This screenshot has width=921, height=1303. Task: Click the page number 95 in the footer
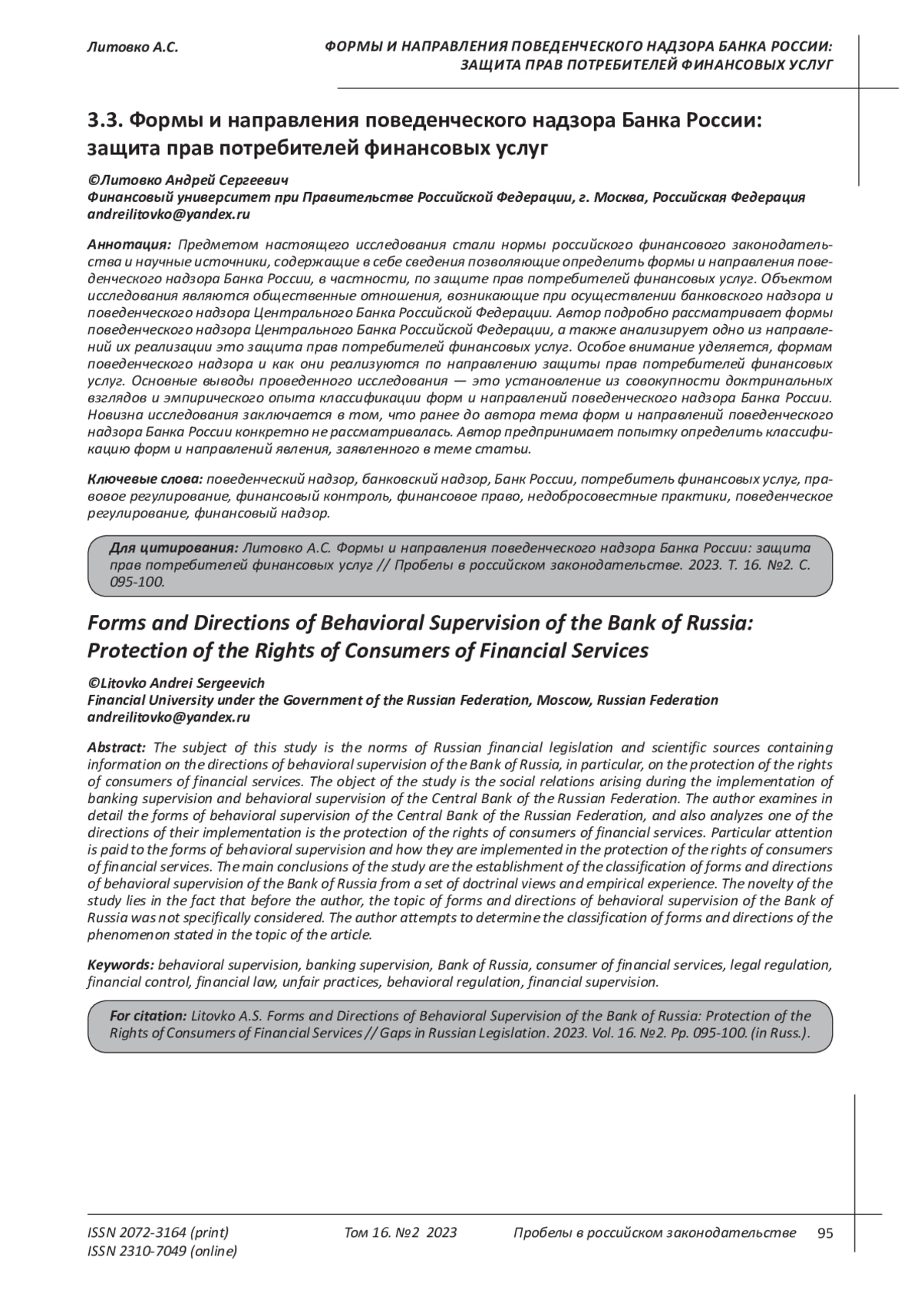(825, 1233)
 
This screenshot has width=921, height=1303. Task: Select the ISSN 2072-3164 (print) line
(158, 1233)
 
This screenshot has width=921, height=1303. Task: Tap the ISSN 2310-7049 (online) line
(163, 1252)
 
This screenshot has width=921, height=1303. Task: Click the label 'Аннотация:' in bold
(130, 245)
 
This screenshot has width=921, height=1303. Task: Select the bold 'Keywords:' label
(121, 964)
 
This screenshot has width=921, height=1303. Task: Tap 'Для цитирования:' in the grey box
(173, 548)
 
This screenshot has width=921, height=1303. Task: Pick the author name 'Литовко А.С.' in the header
(133, 48)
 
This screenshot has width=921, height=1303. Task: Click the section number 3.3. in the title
(105, 121)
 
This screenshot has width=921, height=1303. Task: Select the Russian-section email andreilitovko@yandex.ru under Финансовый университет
(169, 215)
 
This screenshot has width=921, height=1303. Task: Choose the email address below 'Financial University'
(169, 717)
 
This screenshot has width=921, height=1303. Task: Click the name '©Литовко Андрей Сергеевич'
(187, 180)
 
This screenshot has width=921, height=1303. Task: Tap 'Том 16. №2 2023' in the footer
(401, 1233)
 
